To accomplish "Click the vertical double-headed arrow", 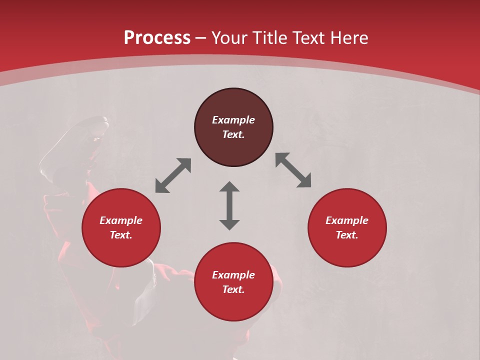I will (229, 205).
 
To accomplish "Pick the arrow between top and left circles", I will (173, 175).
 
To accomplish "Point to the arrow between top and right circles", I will (293, 170).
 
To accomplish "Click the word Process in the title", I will (157, 37).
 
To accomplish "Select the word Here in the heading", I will (348, 37).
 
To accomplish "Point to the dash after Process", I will (201, 37).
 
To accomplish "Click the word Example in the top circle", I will (233, 120).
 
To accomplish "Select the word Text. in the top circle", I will (233, 134).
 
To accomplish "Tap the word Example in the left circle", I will (121, 220).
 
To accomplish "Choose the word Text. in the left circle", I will (121, 235).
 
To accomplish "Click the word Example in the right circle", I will (347, 220).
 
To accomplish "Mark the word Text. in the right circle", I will (347, 235).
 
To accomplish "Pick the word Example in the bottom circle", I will (233, 275).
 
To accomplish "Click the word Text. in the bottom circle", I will (233, 289).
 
